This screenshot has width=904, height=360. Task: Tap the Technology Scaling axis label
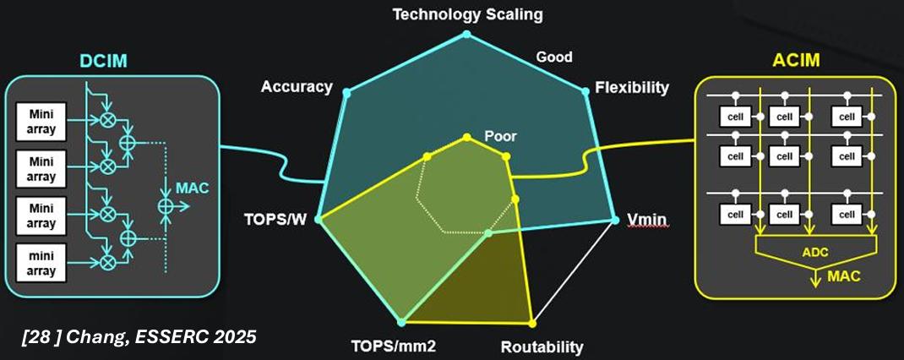click(x=467, y=14)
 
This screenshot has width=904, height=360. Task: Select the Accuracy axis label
click(x=296, y=87)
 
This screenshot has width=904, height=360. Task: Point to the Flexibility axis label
click(x=631, y=87)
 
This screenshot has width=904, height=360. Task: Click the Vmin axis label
click(x=646, y=221)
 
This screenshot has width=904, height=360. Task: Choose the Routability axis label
click(x=542, y=346)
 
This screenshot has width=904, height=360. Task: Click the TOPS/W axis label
click(x=275, y=221)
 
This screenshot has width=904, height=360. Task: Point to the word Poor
click(x=500, y=135)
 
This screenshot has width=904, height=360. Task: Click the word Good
click(x=554, y=57)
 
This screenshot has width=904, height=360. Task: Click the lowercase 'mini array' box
click(x=41, y=262)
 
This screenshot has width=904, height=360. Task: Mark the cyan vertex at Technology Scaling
click(x=466, y=35)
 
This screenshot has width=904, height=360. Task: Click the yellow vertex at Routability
click(x=532, y=323)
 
